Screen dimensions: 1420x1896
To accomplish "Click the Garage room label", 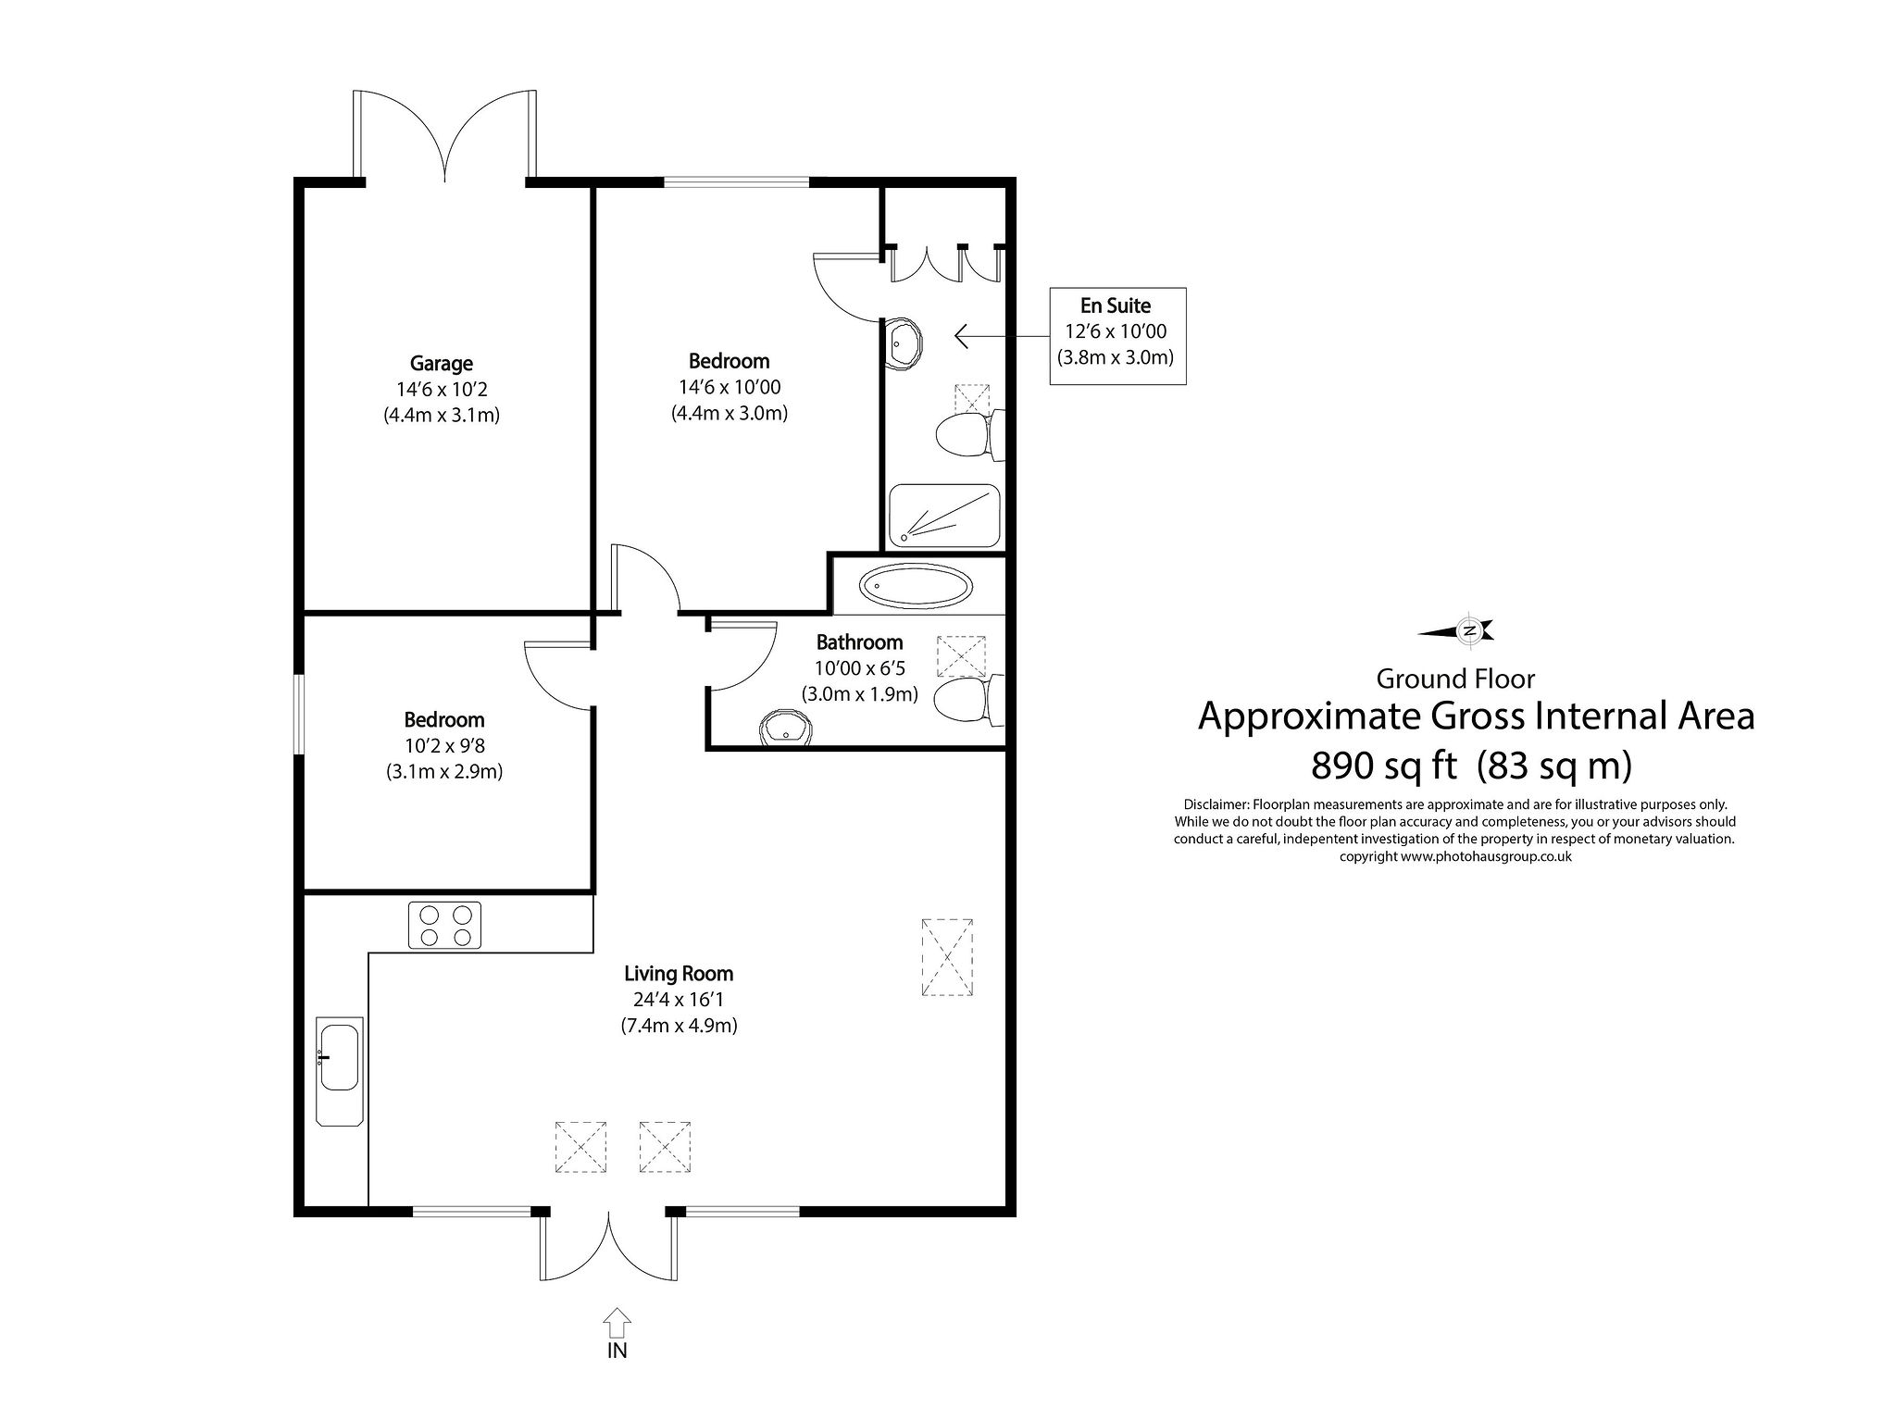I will (x=442, y=364).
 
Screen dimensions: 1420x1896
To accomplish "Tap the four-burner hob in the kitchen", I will (x=444, y=925).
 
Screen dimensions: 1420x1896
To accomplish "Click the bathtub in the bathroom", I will (x=917, y=586).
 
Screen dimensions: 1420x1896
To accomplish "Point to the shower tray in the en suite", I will (x=944, y=516).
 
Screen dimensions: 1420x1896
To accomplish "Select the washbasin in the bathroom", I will (x=785, y=729).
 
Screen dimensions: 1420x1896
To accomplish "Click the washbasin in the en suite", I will (x=904, y=344).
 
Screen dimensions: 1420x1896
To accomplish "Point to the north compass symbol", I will (x=1468, y=631).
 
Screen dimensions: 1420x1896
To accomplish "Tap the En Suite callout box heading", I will (x=1116, y=305).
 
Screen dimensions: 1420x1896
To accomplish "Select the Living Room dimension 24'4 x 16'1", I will (x=679, y=1000).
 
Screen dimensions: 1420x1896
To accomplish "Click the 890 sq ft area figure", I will (x=1384, y=766).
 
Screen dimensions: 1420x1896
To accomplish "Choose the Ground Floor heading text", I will (x=1455, y=679).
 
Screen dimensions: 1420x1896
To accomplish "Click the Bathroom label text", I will (x=859, y=641).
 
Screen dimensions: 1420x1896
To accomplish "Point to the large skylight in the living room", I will (x=947, y=957).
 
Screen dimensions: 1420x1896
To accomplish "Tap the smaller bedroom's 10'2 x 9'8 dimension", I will (x=443, y=745).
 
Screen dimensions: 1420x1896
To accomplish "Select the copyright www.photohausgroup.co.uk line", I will (x=1455, y=856).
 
